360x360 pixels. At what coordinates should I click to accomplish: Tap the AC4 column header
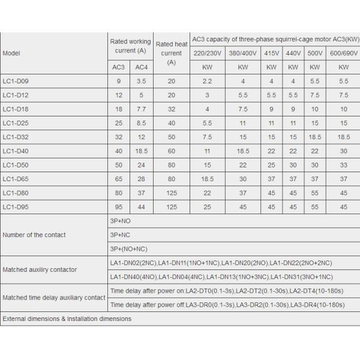point(141,67)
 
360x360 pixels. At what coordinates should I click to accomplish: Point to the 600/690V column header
point(343,53)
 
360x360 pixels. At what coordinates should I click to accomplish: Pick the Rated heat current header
point(172,53)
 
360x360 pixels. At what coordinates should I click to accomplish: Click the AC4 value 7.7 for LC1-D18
point(141,109)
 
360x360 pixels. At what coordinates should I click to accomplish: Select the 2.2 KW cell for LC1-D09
point(207,81)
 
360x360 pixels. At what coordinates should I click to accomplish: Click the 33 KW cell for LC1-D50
point(343,164)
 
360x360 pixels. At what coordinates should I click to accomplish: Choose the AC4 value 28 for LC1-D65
point(141,178)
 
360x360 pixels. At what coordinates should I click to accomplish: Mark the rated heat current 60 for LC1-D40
point(172,151)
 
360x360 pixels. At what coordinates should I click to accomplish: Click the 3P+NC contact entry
point(120,235)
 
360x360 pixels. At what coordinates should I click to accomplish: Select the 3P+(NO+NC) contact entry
point(128,248)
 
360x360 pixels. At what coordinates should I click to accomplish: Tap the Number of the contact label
point(34,235)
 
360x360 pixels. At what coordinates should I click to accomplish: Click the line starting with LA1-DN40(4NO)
point(221,277)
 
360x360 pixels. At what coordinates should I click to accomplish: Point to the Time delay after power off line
point(227,305)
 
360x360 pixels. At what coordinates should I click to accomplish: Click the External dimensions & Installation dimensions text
point(67,319)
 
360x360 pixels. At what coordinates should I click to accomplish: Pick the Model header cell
point(11,53)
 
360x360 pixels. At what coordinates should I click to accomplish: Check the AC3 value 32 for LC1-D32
point(119,137)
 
